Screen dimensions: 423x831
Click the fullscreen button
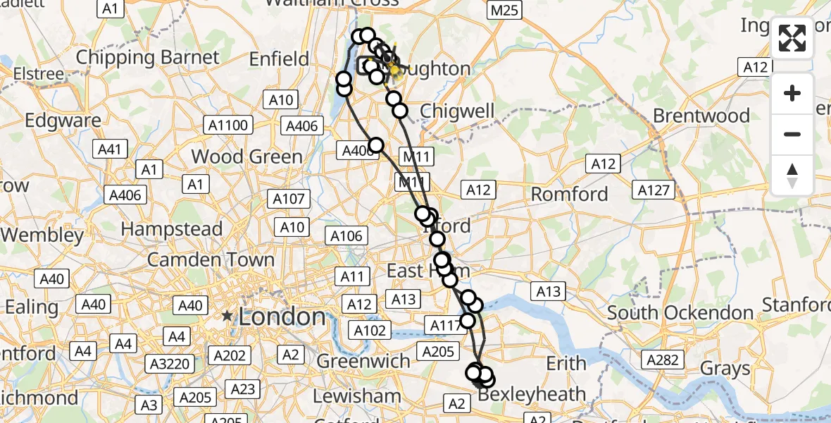pos(792,38)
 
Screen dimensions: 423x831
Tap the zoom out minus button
pos(792,134)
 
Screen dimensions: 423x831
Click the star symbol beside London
pos(227,316)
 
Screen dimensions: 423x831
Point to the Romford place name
pos(570,193)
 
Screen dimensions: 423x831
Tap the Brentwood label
pos(701,115)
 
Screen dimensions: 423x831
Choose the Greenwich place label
pos(363,361)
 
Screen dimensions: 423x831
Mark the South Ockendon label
pos(680,312)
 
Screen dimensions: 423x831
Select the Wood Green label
pos(247,156)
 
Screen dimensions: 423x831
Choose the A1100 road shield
pos(228,125)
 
